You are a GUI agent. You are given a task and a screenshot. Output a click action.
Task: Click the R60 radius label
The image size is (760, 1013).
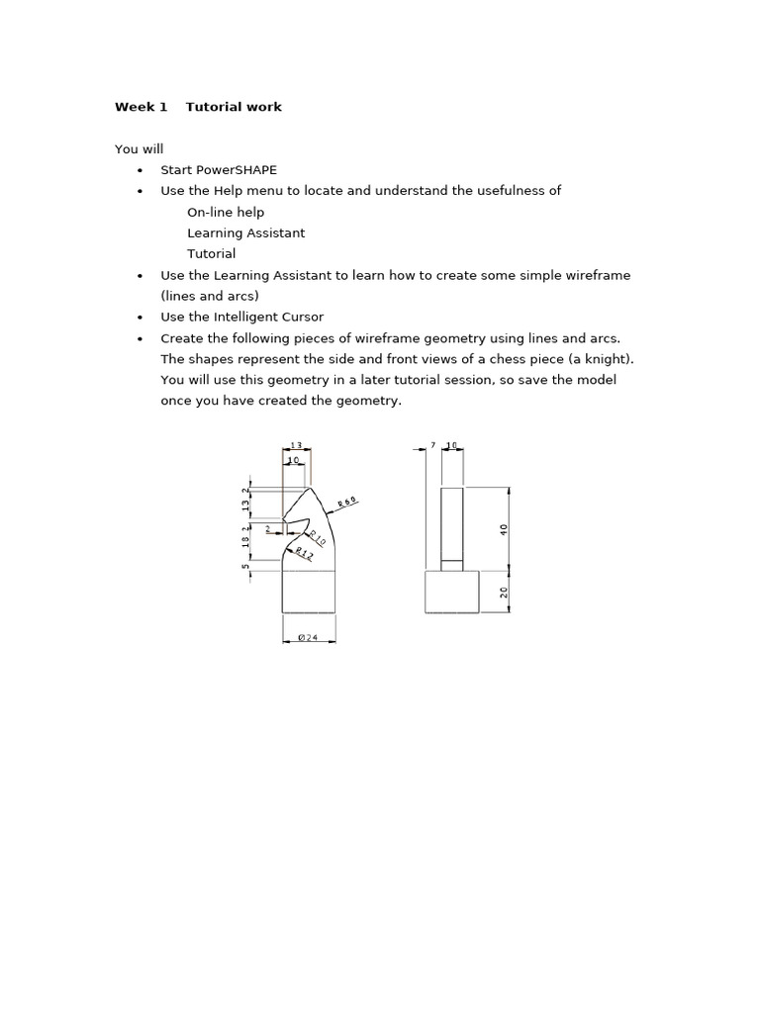point(347,502)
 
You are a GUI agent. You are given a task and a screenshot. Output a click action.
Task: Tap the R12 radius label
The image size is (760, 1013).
point(303,553)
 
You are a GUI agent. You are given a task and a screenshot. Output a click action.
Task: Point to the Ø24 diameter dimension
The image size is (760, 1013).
point(308,637)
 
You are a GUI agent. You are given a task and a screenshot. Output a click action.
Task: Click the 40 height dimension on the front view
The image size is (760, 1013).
point(504,528)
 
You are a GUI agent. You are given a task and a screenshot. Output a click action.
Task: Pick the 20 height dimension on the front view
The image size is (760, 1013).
point(504,592)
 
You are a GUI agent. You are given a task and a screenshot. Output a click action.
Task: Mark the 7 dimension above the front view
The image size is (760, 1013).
point(432,446)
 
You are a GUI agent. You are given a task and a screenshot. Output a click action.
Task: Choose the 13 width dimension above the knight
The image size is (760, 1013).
point(296,446)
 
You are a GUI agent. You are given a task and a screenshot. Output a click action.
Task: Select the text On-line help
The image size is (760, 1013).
point(226,212)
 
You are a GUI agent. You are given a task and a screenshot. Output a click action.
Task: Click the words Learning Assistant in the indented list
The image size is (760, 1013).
point(245,232)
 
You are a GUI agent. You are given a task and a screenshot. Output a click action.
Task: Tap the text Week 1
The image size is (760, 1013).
point(141,107)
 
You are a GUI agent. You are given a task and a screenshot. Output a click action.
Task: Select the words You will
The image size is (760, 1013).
point(139,149)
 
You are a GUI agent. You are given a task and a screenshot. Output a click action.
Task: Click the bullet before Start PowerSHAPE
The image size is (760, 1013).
point(140,170)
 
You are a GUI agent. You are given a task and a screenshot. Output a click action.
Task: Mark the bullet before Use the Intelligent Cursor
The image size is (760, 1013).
point(140,317)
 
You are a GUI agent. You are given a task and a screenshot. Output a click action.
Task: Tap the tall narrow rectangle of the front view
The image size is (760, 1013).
point(451,525)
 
